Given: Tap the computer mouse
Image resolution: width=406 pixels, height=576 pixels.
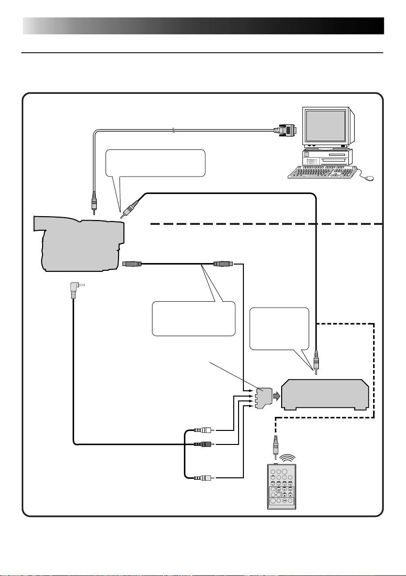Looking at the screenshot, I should click(370, 178).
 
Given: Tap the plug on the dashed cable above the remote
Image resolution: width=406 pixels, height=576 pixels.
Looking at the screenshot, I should click(275, 443).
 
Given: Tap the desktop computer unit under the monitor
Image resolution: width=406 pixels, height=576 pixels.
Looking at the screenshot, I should click(327, 157).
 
